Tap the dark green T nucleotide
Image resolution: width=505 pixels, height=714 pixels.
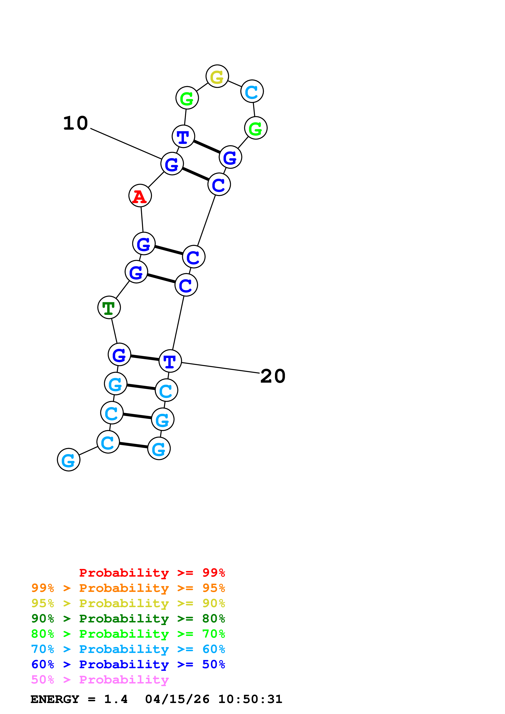coord(109,308)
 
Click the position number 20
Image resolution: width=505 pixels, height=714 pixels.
coord(273,376)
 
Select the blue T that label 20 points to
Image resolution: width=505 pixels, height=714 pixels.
coord(170,361)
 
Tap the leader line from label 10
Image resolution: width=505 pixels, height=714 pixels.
coord(126,144)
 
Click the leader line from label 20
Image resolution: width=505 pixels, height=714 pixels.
coord(220,368)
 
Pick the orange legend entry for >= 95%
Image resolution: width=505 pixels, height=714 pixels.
coord(128,588)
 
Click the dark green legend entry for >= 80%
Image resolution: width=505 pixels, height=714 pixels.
coord(128,619)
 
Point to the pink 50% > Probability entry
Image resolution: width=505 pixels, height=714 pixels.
coord(100,680)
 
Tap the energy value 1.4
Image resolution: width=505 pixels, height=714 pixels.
coord(116,699)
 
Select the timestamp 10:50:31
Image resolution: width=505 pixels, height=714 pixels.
coord(250,699)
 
